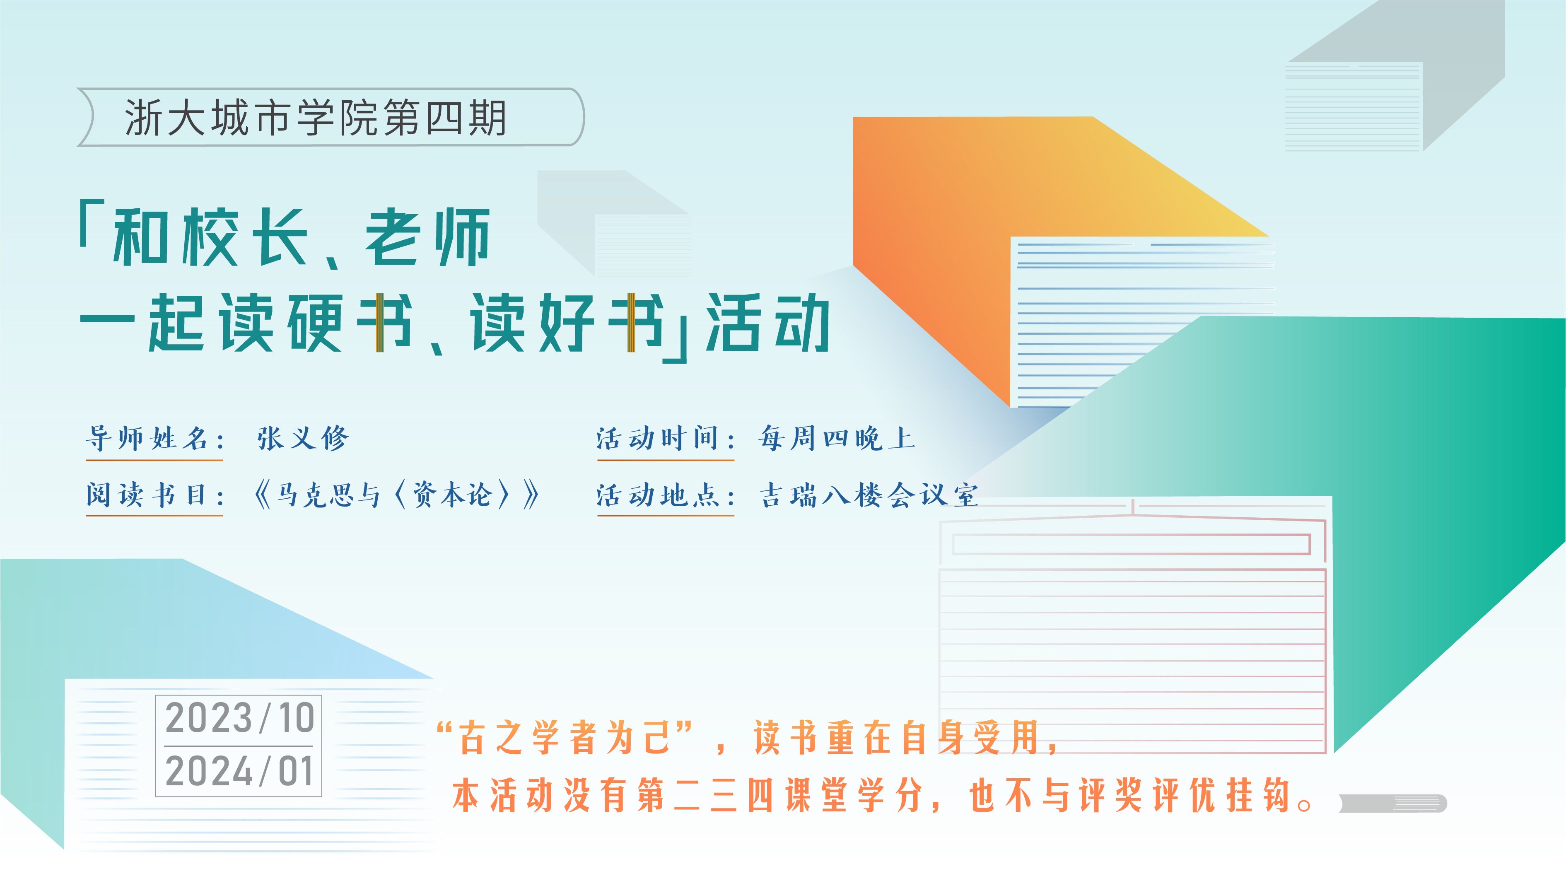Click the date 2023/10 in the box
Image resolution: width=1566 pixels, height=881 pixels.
click(239, 718)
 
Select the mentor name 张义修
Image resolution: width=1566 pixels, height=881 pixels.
click(303, 438)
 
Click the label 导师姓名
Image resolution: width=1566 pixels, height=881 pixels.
click(155, 438)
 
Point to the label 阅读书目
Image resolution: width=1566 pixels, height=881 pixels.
click(155, 494)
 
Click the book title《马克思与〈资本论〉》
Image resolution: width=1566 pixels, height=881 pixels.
click(396, 494)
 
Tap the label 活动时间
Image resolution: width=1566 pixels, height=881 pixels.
click(666, 438)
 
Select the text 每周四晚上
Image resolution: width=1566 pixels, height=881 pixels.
click(837, 438)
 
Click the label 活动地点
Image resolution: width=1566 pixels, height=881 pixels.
click(666, 494)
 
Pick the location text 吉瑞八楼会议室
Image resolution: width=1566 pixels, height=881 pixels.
click(869, 494)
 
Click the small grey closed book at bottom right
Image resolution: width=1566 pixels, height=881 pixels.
click(1393, 803)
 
